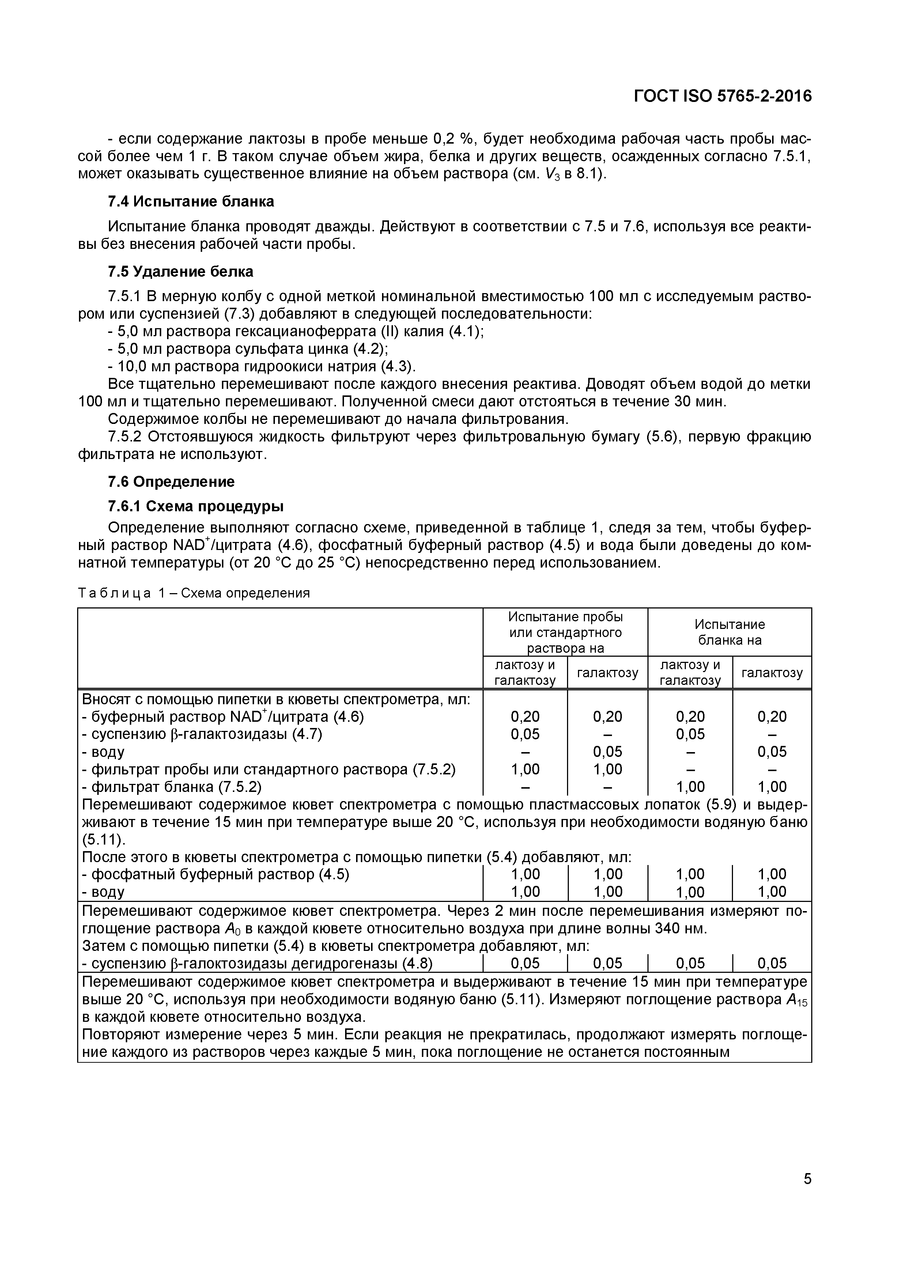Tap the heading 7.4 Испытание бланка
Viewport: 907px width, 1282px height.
pyautogui.click(x=190, y=202)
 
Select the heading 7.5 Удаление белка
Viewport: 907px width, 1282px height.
pyautogui.click(x=180, y=272)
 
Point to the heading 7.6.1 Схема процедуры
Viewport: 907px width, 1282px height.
pyautogui.click(x=196, y=507)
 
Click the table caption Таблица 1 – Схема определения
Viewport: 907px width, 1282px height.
pyautogui.click(x=193, y=593)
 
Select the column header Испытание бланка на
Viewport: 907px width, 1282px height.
pyautogui.click(x=729, y=632)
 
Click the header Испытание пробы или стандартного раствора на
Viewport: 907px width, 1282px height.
pyautogui.click(x=565, y=632)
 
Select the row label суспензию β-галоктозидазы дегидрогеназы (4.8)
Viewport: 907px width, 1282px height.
pyautogui.click(x=257, y=963)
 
